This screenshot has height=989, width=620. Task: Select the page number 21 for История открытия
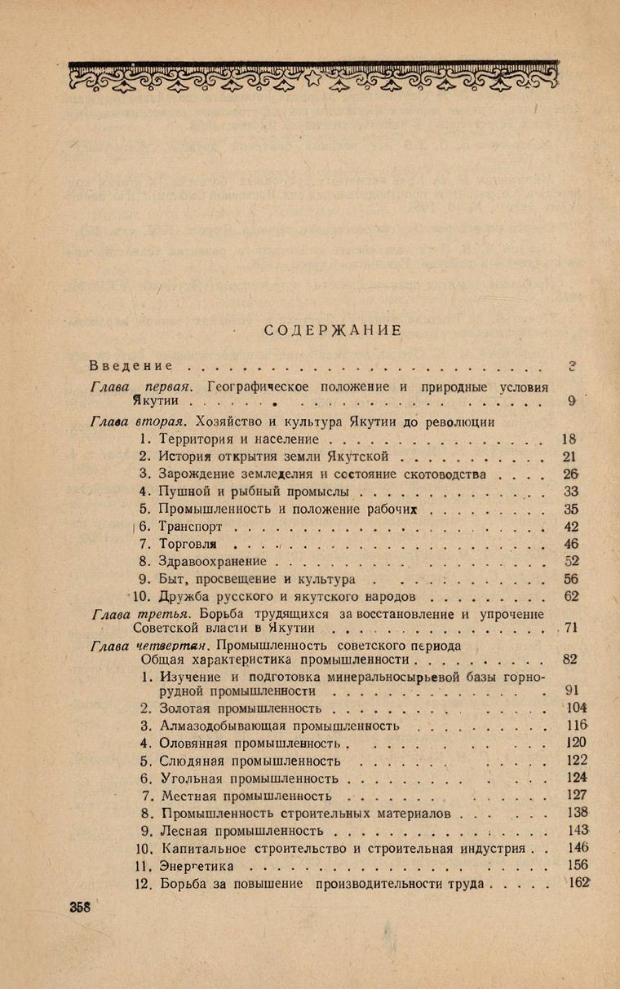tap(570, 456)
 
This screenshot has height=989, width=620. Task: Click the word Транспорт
tap(189, 526)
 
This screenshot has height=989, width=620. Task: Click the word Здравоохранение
tap(215, 562)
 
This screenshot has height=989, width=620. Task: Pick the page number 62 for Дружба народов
tap(570, 597)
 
